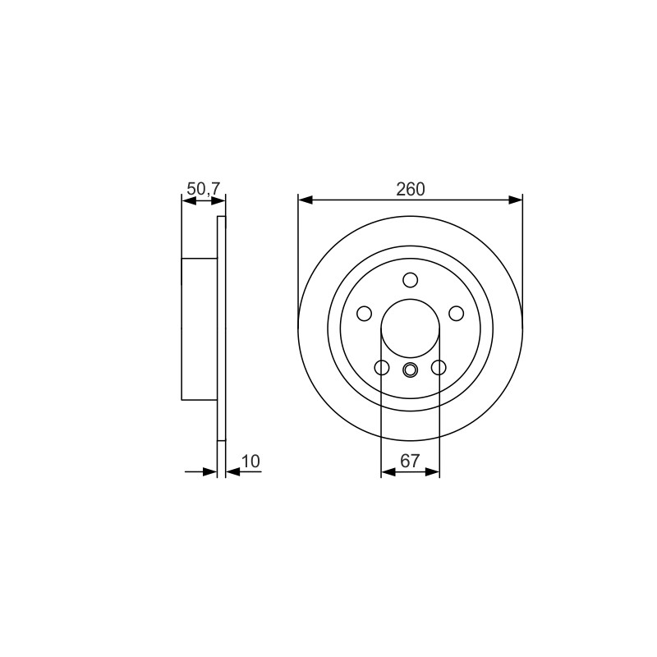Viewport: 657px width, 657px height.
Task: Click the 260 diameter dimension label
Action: pos(410,190)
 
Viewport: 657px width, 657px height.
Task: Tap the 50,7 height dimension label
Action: pos(203,189)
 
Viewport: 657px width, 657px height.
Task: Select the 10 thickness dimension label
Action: pos(251,462)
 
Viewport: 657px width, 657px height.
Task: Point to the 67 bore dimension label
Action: pos(410,462)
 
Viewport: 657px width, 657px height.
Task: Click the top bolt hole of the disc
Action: pos(410,280)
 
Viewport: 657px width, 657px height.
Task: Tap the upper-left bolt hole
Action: pos(364,314)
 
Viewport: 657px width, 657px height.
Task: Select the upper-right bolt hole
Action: pos(457,314)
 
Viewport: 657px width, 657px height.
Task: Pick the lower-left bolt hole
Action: pos(382,367)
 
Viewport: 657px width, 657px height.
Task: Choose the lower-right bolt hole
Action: pos(439,367)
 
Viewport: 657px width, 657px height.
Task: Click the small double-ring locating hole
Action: pos(410,370)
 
